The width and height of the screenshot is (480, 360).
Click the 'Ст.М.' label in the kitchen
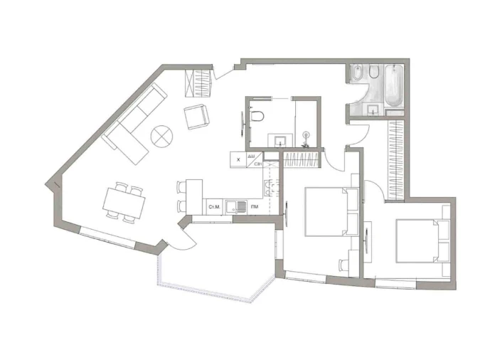(213, 207)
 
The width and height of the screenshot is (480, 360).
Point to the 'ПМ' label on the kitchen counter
(254, 207)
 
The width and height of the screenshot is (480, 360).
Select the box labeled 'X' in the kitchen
(238, 160)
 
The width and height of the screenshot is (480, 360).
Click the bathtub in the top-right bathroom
(393, 86)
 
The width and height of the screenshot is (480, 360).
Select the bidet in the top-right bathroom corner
(357, 73)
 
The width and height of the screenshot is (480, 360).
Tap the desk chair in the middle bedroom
(344, 265)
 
